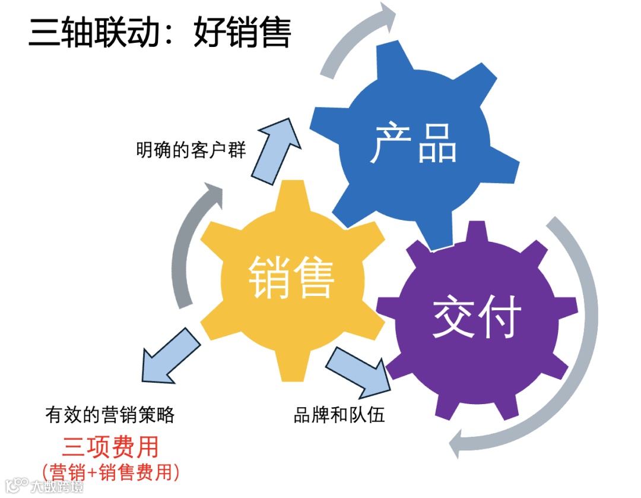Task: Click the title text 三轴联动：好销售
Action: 160,33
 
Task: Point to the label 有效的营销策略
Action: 110,415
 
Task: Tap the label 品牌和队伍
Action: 339,414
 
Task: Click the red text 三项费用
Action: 110,447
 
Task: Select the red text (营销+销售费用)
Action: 112,472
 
